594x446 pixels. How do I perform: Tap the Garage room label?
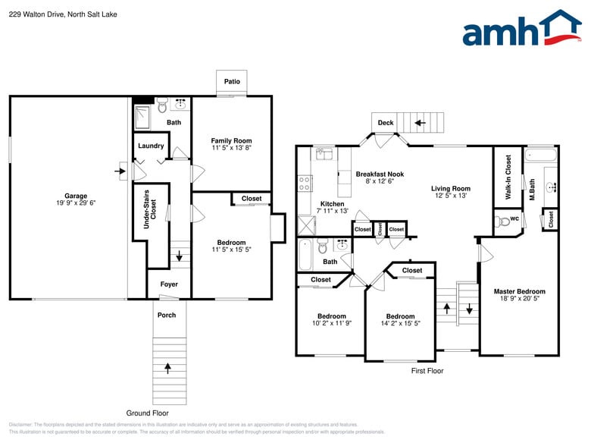pyautogui.click(x=75, y=196)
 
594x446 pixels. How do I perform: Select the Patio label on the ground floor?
pyautogui.click(x=232, y=82)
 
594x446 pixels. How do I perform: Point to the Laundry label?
pyautogui.click(x=151, y=146)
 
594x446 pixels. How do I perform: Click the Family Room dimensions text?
pyautogui.click(x=231, y=148)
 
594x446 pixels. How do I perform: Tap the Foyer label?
pyautogui.click(x=169, y=284)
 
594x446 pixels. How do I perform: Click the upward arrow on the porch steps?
pyautogui.click(x=167, y=368)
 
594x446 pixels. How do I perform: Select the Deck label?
pyautogui.click(x=386, y=123)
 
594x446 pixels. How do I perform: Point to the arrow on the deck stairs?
pyautogui.click(x=419, y=122)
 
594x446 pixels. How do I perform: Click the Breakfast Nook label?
pyautogui.click(x=380, y=174)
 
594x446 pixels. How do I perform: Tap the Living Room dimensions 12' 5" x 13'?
pyautogui.click(x=451, y=196)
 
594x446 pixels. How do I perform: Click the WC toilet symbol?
pyautogui.click(x=502, y=221)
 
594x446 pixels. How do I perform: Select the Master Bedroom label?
pyautogui.click(x=519, y=291)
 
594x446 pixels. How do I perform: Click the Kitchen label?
pyautogui.click(x=332, y=203)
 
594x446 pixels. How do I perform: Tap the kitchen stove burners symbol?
pyautogui.click(x=305, y=183)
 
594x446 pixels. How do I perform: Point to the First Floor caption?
pyautogui.click(x=427, y=371)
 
